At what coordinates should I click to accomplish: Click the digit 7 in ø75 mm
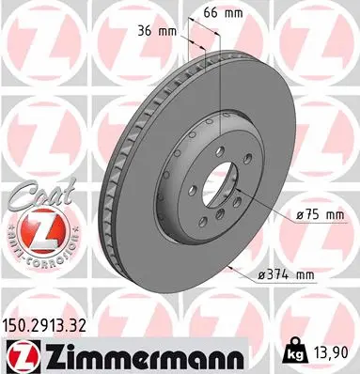click(x=307, y=215)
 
